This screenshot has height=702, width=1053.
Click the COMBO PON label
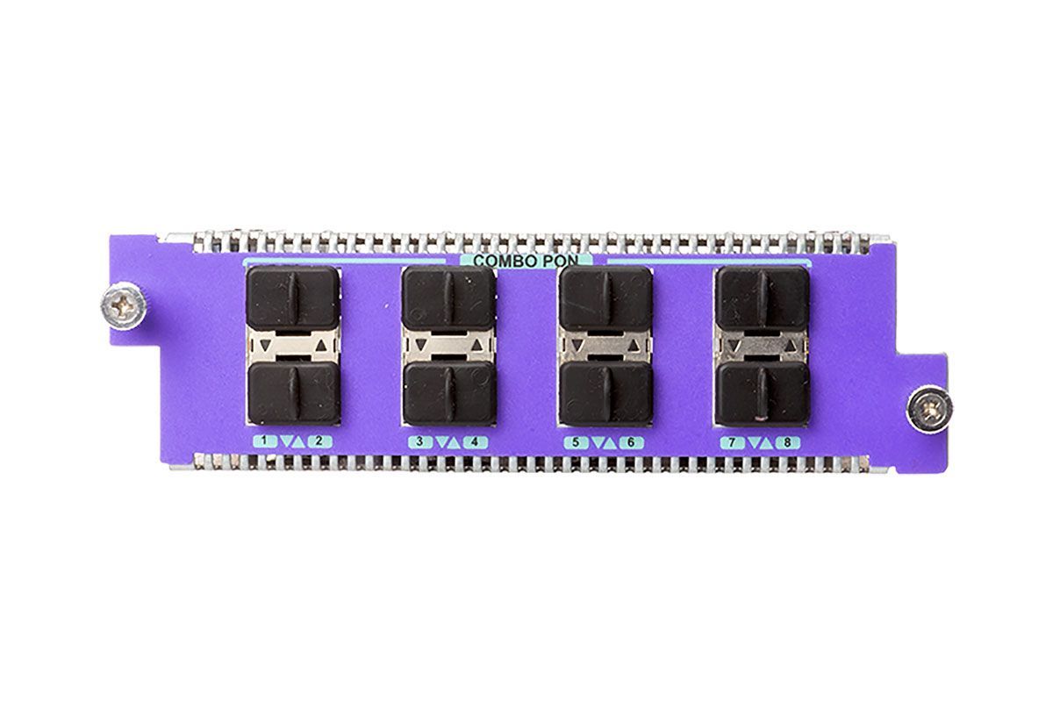pos(526,261)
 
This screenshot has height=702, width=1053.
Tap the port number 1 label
pos(265,441)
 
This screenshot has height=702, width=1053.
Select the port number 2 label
pos(319,441)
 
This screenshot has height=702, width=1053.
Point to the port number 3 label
pos(419,441)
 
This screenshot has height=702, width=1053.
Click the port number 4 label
pos(475,442)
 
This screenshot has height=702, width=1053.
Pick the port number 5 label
pos(576,442)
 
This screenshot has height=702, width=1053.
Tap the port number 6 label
pos(631,442)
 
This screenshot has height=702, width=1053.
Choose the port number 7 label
pos(733,442)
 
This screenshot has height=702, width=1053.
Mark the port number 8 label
pos(787,442)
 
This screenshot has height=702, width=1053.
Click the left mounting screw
pos(123,306)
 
